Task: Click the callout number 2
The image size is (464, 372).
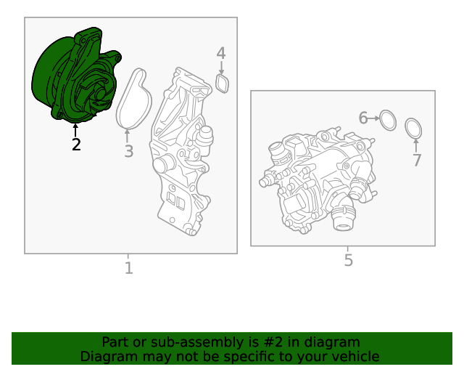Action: [76, 145]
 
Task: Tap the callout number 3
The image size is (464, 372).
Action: [129, 151]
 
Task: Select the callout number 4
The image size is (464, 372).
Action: [221, 53]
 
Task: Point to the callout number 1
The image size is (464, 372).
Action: [129, 268]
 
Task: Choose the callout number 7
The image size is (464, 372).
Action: [417, 160]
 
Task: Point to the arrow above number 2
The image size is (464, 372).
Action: [75, 131]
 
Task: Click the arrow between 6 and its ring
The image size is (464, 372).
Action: [374, 118]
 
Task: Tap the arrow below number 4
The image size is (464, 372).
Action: [221, 68]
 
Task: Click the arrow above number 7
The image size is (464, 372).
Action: [416, 146]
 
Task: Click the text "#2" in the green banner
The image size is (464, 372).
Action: [273, 342]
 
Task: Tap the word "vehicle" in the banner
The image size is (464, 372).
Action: [358, 357]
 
